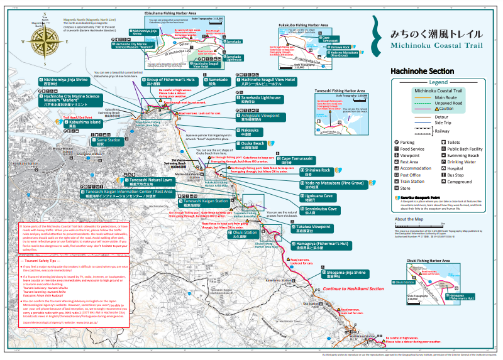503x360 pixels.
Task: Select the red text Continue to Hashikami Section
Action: tap(353, 288)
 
